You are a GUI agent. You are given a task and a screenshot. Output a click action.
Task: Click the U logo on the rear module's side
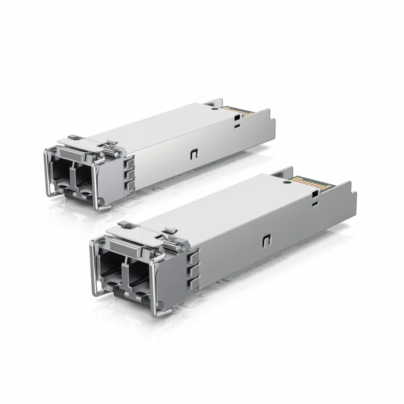pos(192,155)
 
